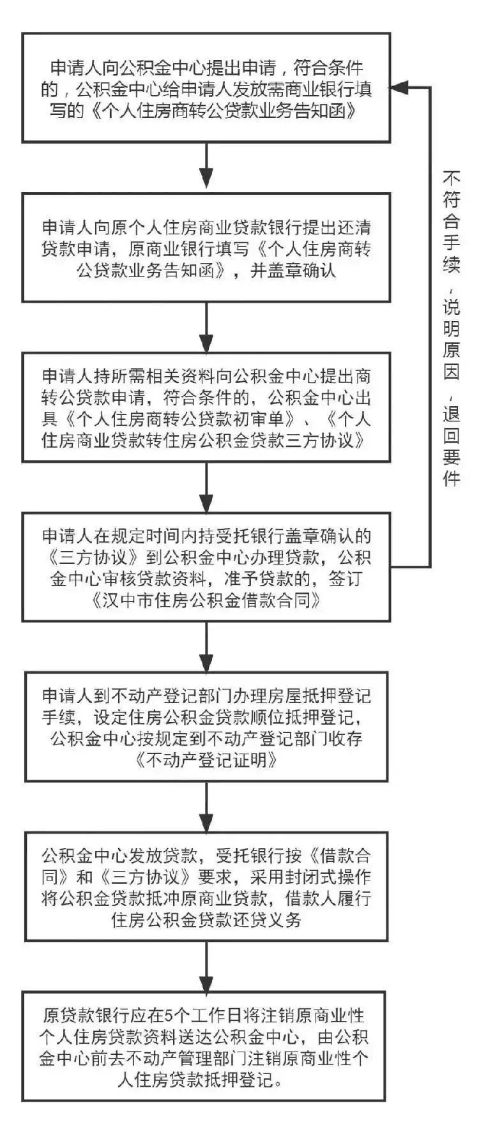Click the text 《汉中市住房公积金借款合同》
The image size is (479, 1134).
click(x=206, y=601)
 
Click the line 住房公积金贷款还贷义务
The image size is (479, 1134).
click(x=206, y=920)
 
